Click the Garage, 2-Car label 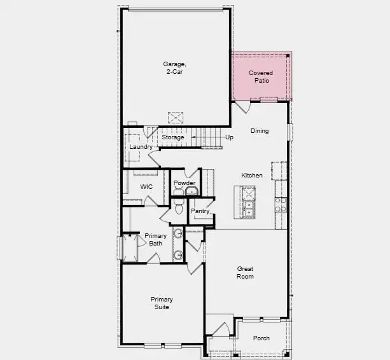(174, 67)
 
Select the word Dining (260, 131)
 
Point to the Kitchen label (252, 176)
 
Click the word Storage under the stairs (172, 137)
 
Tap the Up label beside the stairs (229, 137)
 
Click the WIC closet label (146, 186)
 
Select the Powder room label (185, 183)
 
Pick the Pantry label (200, 211)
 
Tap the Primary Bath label (155, 240)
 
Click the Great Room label (245, 272)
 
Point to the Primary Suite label (162, 303)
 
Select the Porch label (261, 338)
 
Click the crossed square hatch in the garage (176, 118)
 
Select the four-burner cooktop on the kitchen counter (281, 204)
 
